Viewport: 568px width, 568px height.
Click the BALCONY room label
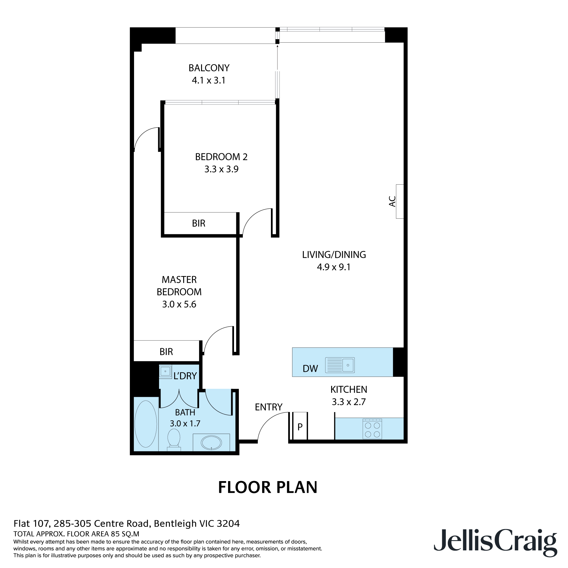(209, 68)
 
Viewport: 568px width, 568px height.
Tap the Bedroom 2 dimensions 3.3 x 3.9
(222, 169)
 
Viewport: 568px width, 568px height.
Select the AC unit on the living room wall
(400, 201)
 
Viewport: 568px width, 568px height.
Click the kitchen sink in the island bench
(340, 365)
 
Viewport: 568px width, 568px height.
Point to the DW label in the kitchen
(310, 369)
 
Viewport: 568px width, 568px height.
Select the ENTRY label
(268, 407)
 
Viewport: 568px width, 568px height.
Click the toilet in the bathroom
(174, 439)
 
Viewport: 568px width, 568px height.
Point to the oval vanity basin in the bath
(211, 442)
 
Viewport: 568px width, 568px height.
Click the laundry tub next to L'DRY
(165, 371)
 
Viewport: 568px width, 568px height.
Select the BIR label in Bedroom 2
(199, 224)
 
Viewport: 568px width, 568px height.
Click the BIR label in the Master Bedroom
(166, 352)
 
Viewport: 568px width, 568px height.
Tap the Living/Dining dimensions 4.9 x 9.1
(334, 267)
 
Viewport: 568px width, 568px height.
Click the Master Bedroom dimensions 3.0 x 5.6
(179, 304)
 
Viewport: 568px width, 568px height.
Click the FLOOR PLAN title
(268, 487)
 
